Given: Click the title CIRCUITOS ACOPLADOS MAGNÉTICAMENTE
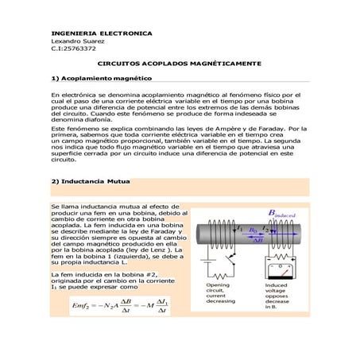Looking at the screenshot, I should (x=179, y=63).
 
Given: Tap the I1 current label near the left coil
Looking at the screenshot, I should (x=240, y=227).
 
